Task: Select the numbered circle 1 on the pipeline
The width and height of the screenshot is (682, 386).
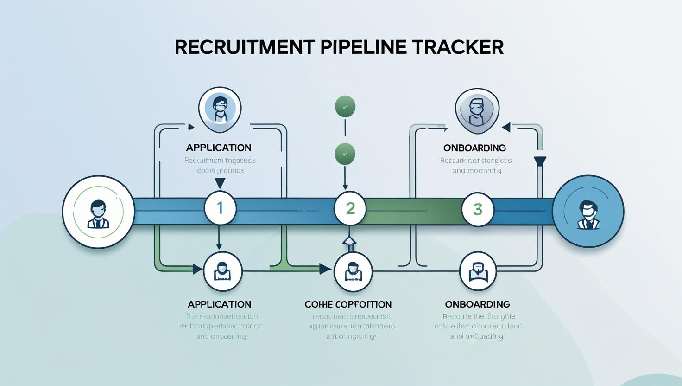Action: (220, 207)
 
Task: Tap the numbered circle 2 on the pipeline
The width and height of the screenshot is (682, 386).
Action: (350, 208)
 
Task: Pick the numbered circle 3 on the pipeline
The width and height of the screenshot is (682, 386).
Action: (478, 209)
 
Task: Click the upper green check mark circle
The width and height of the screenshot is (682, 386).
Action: (345, 106)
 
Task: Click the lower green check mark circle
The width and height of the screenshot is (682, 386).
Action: (345, 154)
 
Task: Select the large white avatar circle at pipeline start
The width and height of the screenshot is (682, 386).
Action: (99, 212)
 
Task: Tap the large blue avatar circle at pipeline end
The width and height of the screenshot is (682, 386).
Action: (588, 212)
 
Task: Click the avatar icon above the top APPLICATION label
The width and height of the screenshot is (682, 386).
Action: (220, 109)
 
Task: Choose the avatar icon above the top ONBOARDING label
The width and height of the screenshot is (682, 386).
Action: (477, 110)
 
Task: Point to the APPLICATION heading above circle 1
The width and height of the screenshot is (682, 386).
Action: (219, 148)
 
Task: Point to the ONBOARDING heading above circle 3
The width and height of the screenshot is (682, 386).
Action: (474, 148)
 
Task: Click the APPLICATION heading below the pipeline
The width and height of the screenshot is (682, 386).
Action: (220, 304)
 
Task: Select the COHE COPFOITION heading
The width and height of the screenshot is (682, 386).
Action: (348, 304)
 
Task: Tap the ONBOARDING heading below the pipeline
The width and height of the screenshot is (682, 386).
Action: (477, 304)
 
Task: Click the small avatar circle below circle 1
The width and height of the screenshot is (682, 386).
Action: (223, 271)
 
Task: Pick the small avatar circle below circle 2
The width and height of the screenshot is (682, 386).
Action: (353, 272)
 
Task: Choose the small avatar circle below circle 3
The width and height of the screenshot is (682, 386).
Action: (478, 271)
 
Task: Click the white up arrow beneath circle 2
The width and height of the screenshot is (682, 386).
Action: (349, 241)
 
